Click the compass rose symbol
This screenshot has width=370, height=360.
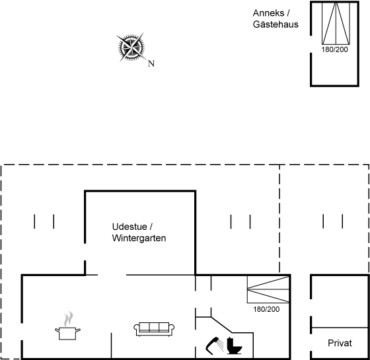[131, 47]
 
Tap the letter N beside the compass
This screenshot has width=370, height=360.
[151, 63]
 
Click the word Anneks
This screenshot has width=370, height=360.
[268, 13]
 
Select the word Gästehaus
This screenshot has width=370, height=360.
[276, 24]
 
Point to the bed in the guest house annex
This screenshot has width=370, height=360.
[336, 23]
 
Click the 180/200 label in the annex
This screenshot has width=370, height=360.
[334, 50]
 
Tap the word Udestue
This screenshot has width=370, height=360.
[129, 227]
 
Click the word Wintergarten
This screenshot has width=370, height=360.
[139, 238]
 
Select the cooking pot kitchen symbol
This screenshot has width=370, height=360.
[67, 334]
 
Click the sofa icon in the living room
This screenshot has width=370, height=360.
[154, 329]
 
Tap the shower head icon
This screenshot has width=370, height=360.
[214, 346]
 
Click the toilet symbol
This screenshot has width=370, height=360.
[235, 346]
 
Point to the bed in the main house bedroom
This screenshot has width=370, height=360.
[268, 289]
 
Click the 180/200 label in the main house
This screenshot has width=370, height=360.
[266, 309]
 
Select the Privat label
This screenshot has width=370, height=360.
[340, 343]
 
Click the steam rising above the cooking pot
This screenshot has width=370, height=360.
[69, 319]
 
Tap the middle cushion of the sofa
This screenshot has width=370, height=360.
[154, 327]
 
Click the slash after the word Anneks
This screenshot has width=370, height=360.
[288, 13]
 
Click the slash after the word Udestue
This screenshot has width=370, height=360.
[151, 227]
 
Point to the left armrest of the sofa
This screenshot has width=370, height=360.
[137, 329]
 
